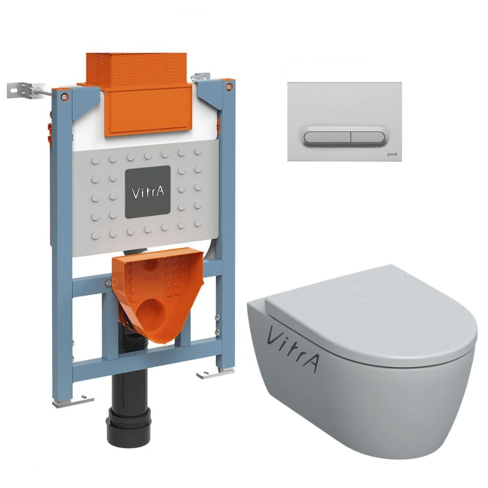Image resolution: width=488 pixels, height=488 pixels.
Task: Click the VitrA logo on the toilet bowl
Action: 292,348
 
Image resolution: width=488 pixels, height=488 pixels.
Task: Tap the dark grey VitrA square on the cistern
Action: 148,192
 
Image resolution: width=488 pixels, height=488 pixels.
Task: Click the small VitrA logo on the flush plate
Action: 392,154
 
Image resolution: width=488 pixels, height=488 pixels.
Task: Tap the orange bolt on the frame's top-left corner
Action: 64,96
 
